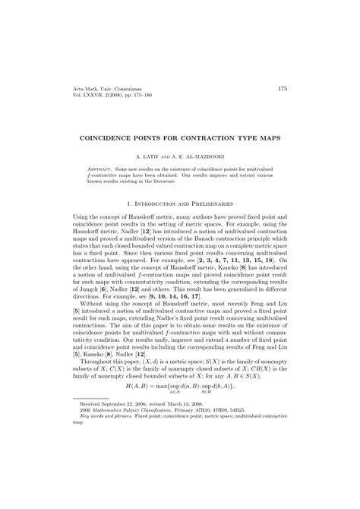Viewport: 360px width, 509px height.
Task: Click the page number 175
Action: [x=282, y=90]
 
